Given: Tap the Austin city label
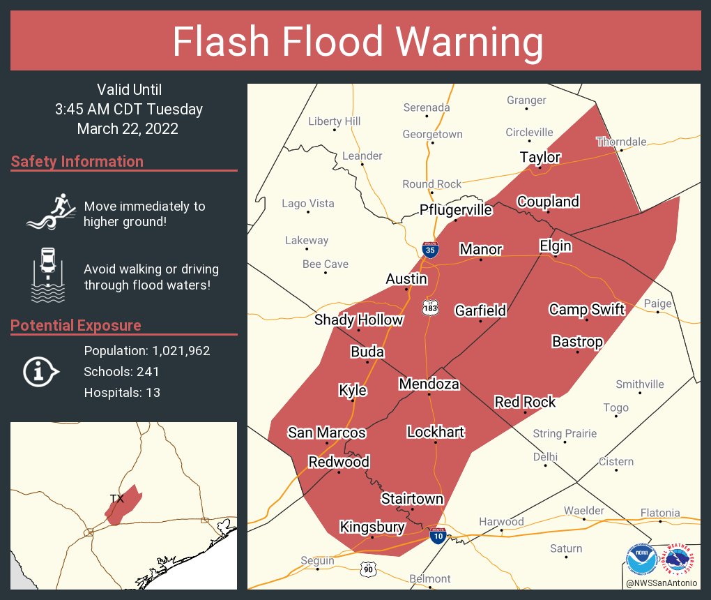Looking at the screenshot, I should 406,279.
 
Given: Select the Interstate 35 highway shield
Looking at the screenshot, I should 430,250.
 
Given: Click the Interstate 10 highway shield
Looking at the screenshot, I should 438,536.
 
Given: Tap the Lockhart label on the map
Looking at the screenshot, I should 436,432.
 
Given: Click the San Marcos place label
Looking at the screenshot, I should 327,433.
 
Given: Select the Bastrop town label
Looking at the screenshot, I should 577,341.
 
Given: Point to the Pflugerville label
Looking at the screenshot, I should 456,210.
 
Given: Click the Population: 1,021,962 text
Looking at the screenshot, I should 146,351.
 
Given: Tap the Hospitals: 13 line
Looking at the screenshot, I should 122,393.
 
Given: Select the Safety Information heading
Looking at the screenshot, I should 77,162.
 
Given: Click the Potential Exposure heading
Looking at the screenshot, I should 76,326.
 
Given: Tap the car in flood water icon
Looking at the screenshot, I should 48,275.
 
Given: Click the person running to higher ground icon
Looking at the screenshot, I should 49,211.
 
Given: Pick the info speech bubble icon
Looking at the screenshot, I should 40,372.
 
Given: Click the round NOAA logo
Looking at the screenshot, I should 641,560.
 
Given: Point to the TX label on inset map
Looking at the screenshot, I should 116,498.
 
